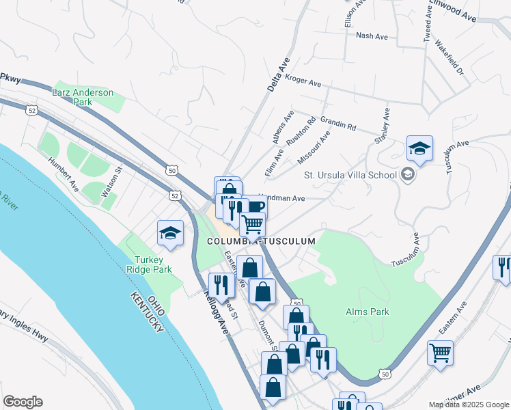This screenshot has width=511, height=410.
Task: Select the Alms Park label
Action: (367, 312)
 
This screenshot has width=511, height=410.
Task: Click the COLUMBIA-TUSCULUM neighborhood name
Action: (262, 241)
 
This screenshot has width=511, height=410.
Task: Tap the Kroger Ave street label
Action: (303, 83)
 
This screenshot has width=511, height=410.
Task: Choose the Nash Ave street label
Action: (372, 36)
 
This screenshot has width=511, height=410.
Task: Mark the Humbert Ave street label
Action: (63, 174)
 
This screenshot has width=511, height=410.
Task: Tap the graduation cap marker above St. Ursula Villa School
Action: (419, 148)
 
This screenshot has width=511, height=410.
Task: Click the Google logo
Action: (22, 402)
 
